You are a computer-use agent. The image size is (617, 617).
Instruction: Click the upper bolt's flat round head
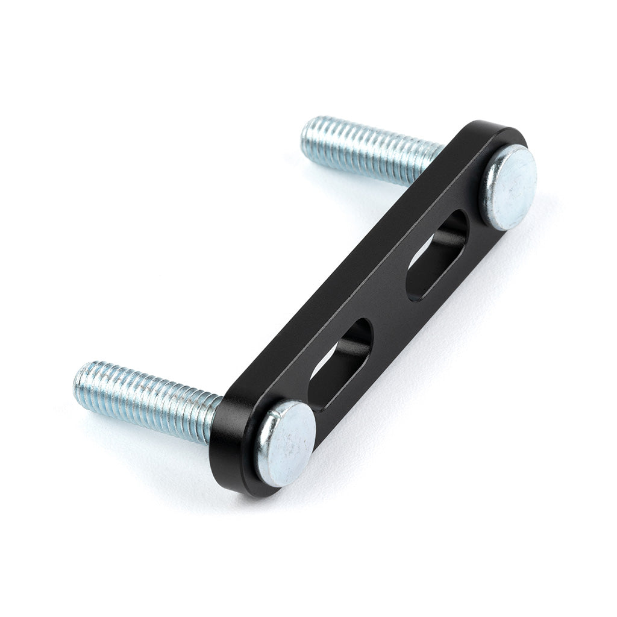pyautogui.click(x=510, y=187)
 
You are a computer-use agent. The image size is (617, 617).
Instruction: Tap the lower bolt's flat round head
pyautogui.click(x=286, y=443)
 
